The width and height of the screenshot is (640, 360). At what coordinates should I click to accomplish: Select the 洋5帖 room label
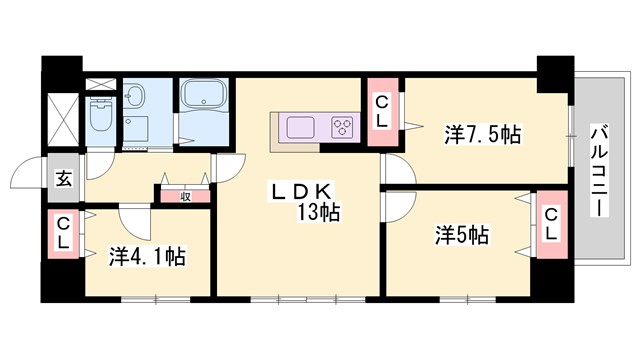(461, 236)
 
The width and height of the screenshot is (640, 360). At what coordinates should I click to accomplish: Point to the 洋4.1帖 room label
(146, 256)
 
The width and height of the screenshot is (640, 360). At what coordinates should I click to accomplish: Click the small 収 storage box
(185, 196)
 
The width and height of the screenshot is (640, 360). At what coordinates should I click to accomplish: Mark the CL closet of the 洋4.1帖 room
(63, 234)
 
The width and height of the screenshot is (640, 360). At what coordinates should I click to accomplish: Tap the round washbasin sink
(138, 97)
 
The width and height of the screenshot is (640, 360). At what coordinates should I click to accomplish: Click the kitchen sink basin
(300, 127)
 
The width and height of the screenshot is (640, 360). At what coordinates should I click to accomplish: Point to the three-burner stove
(343, 127)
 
